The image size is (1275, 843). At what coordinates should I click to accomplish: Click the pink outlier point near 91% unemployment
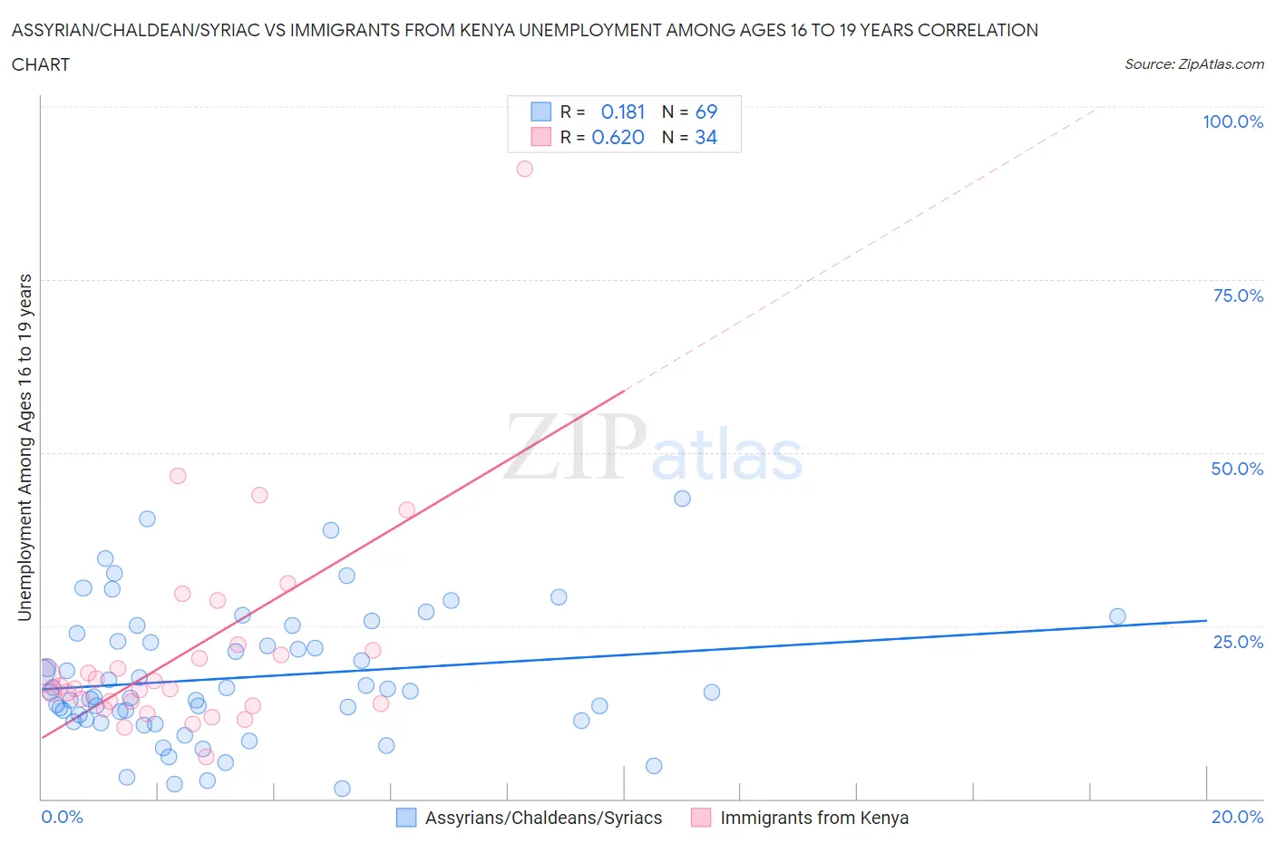pyautogui.click(x=524, y=169)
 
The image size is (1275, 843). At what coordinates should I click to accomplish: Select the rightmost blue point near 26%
pyautogui.click(x=1117, y=616)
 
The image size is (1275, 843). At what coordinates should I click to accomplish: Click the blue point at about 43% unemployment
pyautogui.click(x=682, y=499)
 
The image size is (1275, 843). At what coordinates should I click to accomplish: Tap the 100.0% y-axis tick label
pyautogui.click(x=1232, y=122)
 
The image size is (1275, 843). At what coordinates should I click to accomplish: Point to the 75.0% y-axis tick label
pyautogui.click(x=1238, y=296)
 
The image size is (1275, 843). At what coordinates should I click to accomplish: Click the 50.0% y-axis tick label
pyautogui.click(x=1237, y=469)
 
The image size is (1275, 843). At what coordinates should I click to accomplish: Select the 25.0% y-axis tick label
pyautogui.click(x=1238, y=642)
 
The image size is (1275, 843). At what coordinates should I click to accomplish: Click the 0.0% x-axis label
pyautogui.click(x=62, y=817)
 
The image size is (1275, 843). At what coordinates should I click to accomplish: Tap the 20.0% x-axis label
pyautogui.click(x=1237, y=817)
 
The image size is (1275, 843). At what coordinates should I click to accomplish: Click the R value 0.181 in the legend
pyautogui.click(x=623, y=111)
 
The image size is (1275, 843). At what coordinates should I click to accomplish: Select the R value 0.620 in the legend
pyautogui.click(x=618, y=137)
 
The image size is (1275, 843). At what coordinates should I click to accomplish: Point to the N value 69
pyautogui.click(x=706, y=111)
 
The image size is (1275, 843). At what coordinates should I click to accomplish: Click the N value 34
pyautogui.click(x=706, y=137)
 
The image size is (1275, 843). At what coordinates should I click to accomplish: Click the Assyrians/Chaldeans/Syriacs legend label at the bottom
pyautogui.click(x=543, y=818)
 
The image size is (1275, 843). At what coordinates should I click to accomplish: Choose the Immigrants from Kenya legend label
pyautogui.click(x=813, y=818)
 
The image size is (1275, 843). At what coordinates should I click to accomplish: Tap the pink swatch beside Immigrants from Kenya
pyautogui.click(x=701, y=818)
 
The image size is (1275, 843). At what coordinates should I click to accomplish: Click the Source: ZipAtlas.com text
pyautogui.click(x=1193, y=63)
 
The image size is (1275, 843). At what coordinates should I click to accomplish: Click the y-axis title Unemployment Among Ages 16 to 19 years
pyautogui.click(x=25, y=448)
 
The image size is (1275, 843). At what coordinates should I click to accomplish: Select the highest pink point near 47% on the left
pyautogui.click(x=178, y=476)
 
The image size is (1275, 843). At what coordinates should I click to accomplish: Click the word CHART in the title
pyautogui.click(x=41, y=64)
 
